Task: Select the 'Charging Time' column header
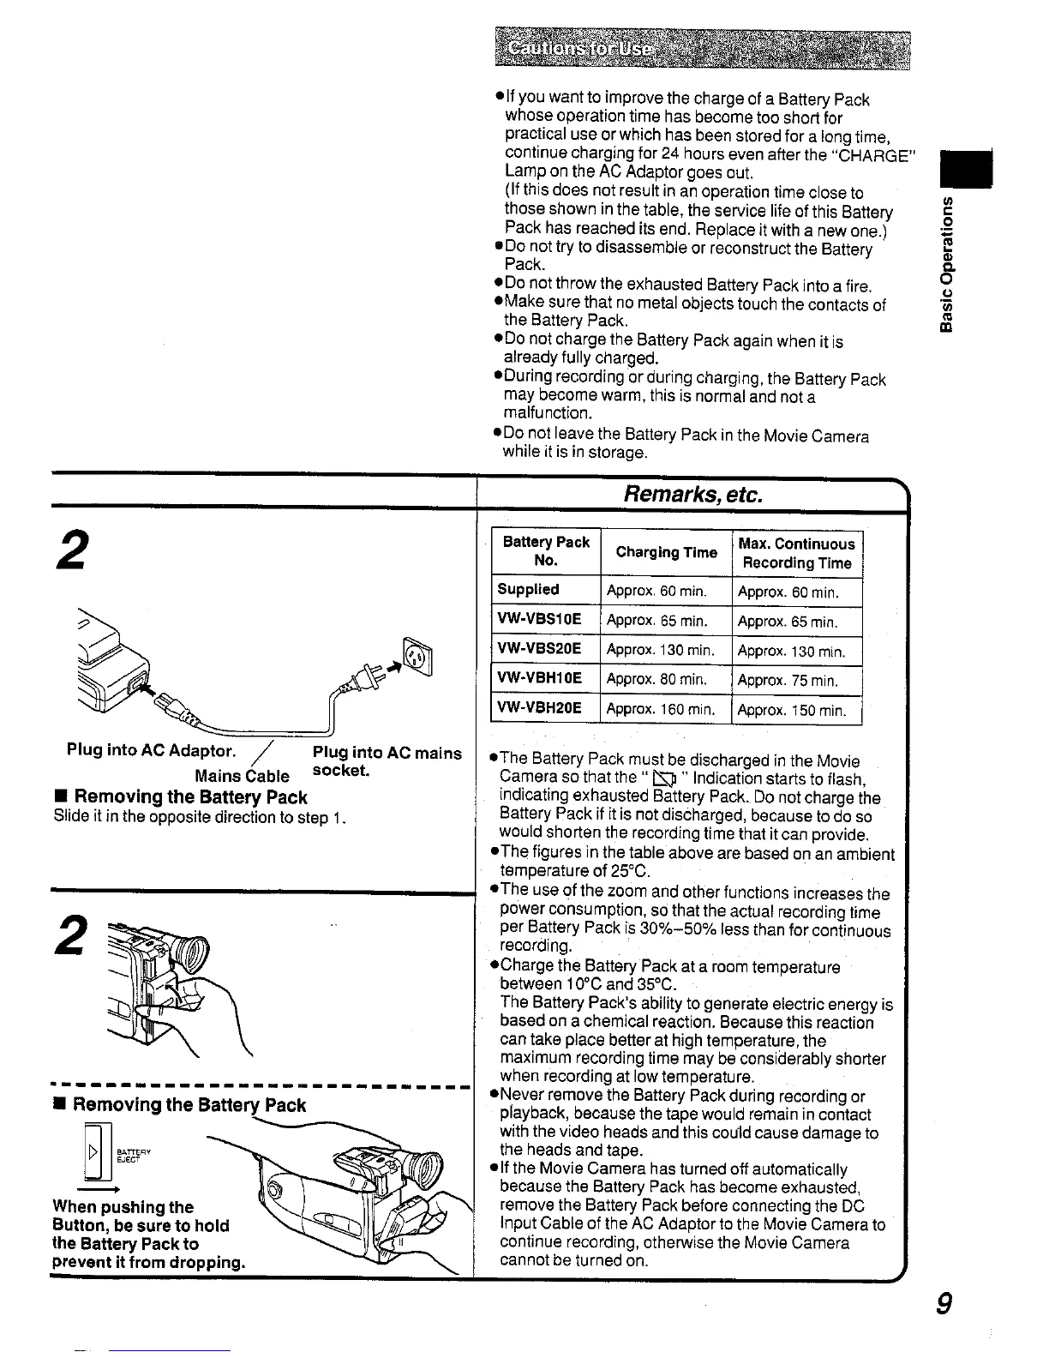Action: click(666, 553)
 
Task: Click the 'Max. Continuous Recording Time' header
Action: click(796, 553)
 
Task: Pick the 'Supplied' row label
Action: click(528, 590)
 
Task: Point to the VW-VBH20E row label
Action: click(539, 708)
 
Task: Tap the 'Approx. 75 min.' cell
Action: click(787, 681)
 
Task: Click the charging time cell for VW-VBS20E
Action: click(660, 650)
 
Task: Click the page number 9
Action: click(943, 1304)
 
